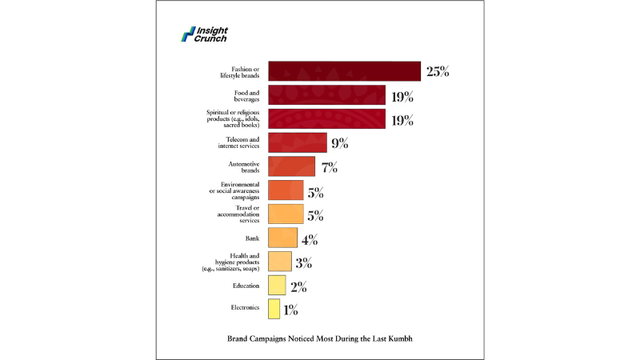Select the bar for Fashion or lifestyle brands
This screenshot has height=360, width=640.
click(x=344, y=71)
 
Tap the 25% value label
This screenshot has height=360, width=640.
click(x=438, y=71)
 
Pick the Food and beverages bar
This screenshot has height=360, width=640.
click(x=326, y=96)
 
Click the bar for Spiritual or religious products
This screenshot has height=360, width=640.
click(x=326, y=120)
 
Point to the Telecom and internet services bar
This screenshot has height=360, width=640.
click(x=297, y=143)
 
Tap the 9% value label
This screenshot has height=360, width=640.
click(x=339, y=143)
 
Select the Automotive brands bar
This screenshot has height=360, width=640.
click(x=291, y=167)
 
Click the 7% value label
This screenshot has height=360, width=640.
click(x=330, y=167)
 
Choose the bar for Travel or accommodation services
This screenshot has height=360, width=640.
click(x=286, y=214)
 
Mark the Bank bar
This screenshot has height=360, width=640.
click(x=282, y=238)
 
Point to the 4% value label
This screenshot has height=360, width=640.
click(x=310, y=238)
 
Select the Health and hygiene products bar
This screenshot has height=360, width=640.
click(x=279, y=262)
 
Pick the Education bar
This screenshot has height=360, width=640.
click(x=277, y=286)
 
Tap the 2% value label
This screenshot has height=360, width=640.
click(x=297, y=286)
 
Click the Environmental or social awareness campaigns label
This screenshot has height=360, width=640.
click(x=238, y=191)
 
